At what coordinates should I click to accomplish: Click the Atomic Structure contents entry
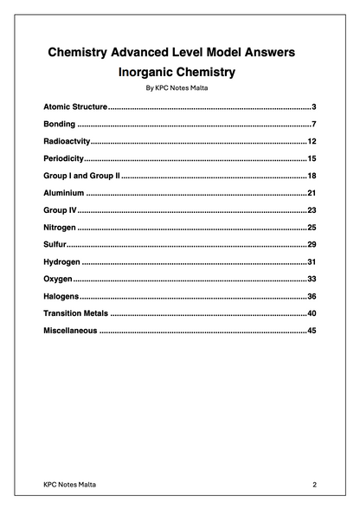point(75,106)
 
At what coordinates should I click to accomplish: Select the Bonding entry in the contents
point(60,125)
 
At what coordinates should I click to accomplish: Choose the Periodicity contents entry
point(64,159)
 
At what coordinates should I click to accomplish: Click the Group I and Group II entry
point(80,176)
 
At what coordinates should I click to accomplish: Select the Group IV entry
point(61,210)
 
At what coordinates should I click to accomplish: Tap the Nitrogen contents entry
point(60,228)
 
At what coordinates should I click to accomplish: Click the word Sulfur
point(55,245)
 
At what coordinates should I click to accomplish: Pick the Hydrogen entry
point(61,262)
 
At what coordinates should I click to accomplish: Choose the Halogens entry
point(61,297)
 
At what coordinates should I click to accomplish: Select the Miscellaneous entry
point(70,331)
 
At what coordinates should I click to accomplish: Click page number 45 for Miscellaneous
point(312,331)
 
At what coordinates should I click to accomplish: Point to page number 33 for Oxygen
point(312,280)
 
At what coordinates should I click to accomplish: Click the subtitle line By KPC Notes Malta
point(179,88)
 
